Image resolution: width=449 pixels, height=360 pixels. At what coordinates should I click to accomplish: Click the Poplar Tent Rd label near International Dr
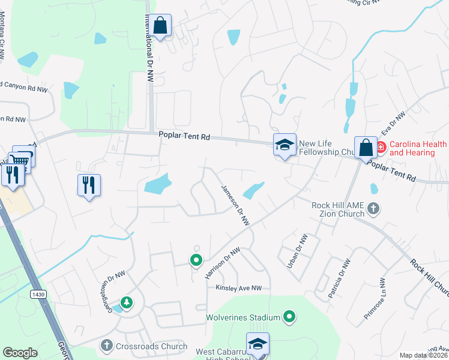pyautogui.click(x=184, y=137)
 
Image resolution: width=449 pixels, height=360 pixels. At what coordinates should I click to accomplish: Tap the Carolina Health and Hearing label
pyautogui.click(x=418, y=148)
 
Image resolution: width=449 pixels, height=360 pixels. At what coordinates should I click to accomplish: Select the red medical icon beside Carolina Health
pyautogui.click(x=381, y=146)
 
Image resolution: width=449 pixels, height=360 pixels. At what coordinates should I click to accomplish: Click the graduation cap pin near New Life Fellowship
pyautogui.click(x=285, y=145)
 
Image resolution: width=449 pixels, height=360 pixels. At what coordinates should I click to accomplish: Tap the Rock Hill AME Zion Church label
pyautogui.click(x=338, y=209)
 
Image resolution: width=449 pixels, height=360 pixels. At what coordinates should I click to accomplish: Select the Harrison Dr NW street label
pyautogui.click(x=222, y=263)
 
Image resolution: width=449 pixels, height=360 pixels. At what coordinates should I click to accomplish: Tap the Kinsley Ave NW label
pyautogui.click(x=240, y=288)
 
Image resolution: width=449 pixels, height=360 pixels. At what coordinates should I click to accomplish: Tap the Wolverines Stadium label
pyautogui.click(x=243, y=317)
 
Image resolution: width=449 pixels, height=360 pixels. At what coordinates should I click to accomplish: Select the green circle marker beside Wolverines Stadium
pyautogui.click(x=290, y=316)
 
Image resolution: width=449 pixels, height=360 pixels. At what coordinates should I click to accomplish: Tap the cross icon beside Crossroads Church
pyautogui.click(x=107, y=345)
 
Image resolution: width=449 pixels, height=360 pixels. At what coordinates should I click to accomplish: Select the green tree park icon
pyautogui.click(x=126, y=302)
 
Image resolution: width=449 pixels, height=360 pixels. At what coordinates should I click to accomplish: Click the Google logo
pyautogui.click(x=20, y=353)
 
